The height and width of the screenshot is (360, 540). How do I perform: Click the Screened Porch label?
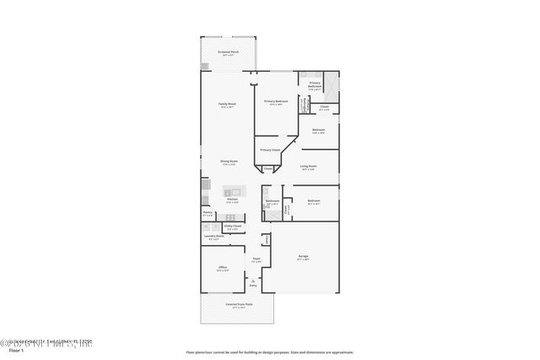(228, 52)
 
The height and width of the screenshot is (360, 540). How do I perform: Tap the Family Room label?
(228, 105)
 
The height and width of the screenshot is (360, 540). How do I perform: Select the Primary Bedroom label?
(276, 101)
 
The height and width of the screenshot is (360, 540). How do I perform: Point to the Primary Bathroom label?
(315, 84)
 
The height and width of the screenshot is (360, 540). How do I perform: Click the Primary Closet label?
(270, 150)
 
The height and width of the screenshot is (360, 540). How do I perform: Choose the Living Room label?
(308, 166)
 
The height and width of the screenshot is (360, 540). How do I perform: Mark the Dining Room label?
(229, 161)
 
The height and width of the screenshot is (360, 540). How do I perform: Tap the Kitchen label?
(232, 200)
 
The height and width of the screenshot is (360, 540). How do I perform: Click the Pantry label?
(207, 213)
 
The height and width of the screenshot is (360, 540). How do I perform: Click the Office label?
(223, 269)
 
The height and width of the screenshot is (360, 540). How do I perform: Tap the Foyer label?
(256, 260)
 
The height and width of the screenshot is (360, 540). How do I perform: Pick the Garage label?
(303, 256)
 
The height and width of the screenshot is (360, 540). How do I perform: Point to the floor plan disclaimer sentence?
(269, 352)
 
